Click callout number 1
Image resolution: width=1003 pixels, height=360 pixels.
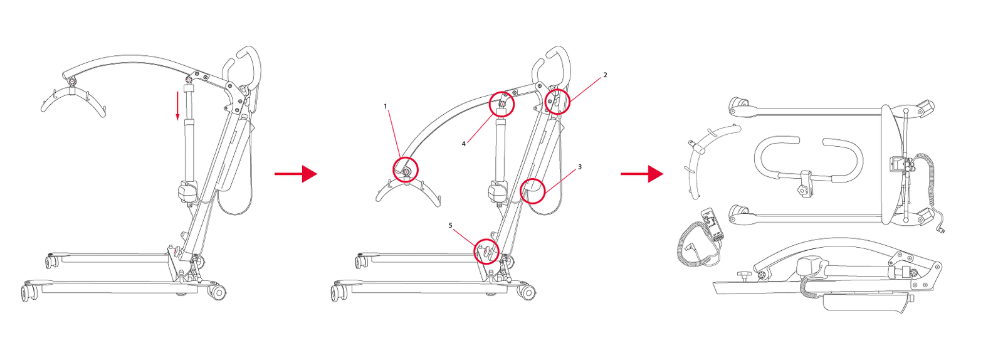click(x=385, y=107)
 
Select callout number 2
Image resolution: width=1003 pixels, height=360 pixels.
click(x=605, y=75)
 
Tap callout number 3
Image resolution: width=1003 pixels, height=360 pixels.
click(x=580, y=167)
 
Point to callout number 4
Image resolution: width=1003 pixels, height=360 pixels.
click(x=464, y=144)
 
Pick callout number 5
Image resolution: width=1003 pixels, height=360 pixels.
click(x=451, y=226)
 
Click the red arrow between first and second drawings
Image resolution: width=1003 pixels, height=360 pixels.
click(x=296, y=174)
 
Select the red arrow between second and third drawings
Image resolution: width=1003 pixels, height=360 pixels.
click(x=642, y=174)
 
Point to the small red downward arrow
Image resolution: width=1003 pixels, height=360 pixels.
click(x=177, y=105)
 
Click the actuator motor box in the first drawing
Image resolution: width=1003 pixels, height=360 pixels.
click(x=188, y=192)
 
